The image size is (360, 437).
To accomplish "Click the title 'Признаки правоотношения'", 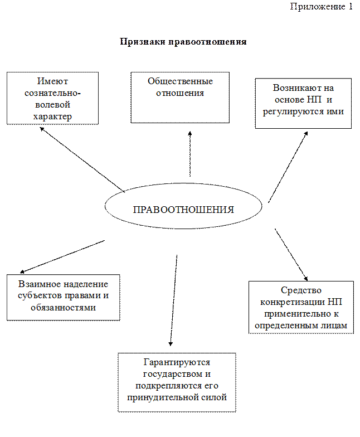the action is [183, 42].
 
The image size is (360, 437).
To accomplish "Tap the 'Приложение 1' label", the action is [321, 7].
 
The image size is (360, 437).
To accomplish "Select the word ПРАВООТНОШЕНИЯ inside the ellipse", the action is [183, 210].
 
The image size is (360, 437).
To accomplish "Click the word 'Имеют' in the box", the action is [52, 81].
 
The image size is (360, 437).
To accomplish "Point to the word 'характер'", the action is [52, 116].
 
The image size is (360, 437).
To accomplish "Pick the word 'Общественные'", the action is [180, 81].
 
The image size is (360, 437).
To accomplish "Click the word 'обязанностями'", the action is [64, 308].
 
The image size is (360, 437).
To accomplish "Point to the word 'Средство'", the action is [301, 290].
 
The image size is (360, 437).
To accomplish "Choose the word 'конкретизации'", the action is [293, 302].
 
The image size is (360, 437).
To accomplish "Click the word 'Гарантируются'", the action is [177, 362].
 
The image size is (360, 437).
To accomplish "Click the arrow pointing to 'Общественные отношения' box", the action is [190, 154].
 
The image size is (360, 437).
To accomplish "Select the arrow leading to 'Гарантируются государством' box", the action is [174, 300].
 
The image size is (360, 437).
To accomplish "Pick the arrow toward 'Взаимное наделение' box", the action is [62, 256].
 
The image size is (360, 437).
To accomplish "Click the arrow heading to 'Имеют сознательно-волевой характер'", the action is [82, 159].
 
